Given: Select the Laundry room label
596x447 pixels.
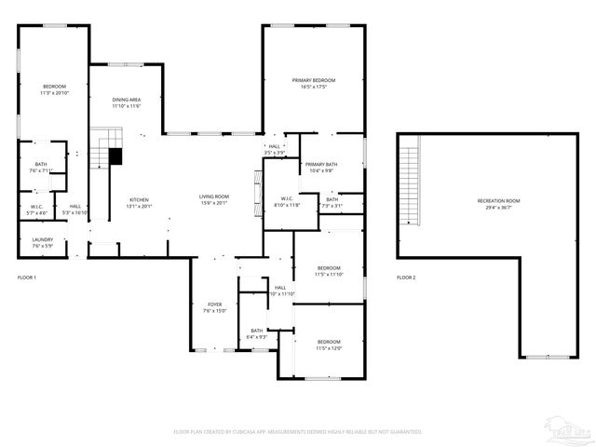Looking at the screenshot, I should click(x=42, y=242).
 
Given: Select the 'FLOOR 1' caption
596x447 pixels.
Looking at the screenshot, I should click(x=27, y=278).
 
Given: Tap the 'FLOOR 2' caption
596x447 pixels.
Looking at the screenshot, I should click(x=406, y=278).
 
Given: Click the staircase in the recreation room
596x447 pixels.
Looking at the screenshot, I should click(x=411, y=182).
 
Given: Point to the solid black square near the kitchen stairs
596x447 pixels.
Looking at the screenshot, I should click(x=115, y=156).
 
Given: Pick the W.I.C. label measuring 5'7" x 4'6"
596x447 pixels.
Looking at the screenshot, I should click(x=36, y=210).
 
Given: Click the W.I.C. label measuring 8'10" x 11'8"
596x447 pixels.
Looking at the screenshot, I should click(x=286, y=201).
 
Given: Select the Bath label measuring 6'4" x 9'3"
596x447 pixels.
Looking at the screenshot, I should click(x=256, y=333).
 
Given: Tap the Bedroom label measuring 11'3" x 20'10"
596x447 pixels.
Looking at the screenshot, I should click(x=53, y=89).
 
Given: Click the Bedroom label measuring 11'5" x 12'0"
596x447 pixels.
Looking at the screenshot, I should click(x=329, y=345).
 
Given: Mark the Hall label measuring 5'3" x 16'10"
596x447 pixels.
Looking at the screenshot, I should click(x=74, y=210).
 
